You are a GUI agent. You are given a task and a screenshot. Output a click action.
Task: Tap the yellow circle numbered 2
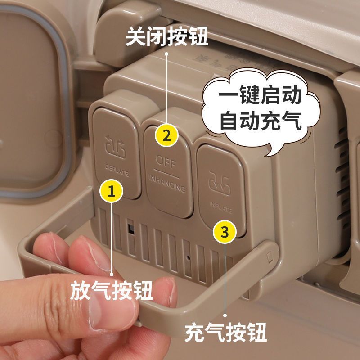[166, 135]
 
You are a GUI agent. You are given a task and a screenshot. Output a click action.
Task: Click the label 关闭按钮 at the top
[166, 37]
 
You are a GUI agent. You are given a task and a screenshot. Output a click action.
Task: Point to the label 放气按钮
[111, 290]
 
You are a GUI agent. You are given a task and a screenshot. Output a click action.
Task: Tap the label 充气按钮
[226, 333]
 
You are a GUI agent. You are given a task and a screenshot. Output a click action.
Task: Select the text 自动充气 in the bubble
[260, 121]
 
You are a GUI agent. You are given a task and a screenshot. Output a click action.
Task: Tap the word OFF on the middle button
[166, 160]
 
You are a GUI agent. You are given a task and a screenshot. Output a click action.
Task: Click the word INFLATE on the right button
[220, 207]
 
